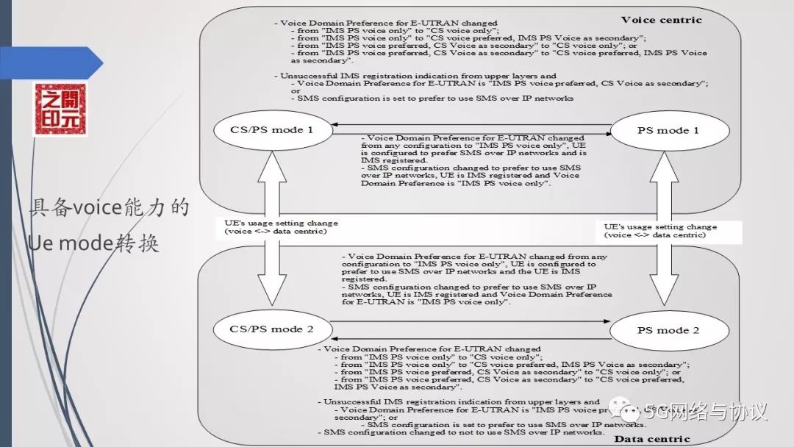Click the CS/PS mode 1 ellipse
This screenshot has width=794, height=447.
pyautogui.click(x=271, y=130)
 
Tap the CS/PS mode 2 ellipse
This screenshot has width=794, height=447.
pyautogui.click(x=271, y=329)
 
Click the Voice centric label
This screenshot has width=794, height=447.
pyautogui.click(x=661, y=20)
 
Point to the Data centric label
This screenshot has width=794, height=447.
pyautogui.click(x=652, y=439)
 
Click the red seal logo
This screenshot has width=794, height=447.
pyautogui.click(x=60, y=110)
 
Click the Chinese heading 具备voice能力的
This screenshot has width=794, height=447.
pyautogui.click(x=109, y=207)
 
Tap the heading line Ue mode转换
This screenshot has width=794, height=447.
pyautogui.click(x=93, y=243)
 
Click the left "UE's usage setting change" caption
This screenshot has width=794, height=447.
pyautogui.click(x=281, y=227)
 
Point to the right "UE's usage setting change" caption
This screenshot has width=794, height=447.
pyautogui.click(x=659, y=231)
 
